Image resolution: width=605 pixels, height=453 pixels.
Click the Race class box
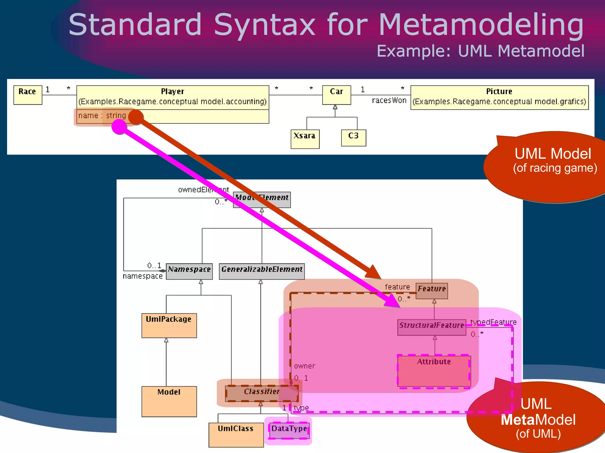coord(27,95)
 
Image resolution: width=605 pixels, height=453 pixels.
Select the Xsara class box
coord(305,139)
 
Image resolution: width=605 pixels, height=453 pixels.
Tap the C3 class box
coord(353,138)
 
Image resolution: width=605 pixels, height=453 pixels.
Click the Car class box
coord(336,95)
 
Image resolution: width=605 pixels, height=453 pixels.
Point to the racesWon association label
coord(389,101)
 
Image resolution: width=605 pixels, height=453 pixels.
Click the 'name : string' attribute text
coord(102,116)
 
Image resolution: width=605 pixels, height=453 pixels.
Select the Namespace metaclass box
coord(189,271)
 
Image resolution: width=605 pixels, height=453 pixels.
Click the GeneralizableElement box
coord(261,271)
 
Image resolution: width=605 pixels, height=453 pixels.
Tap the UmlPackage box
coord(169,325)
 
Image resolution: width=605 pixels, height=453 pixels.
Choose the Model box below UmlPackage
coord(169,401)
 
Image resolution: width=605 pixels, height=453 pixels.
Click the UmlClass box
coord(236,435)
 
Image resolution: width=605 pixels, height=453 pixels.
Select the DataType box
coord(289,430)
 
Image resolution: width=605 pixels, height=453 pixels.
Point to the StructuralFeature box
coord(431,327)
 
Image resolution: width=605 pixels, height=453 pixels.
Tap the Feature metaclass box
coord(431,290)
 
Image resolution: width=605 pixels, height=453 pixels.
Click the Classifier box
coord(261,393)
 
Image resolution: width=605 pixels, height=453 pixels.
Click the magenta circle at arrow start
coord(119,127)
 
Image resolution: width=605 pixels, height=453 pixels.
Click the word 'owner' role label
coord(304,366)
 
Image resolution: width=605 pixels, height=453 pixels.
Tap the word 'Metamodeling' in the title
coord(481,25)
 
